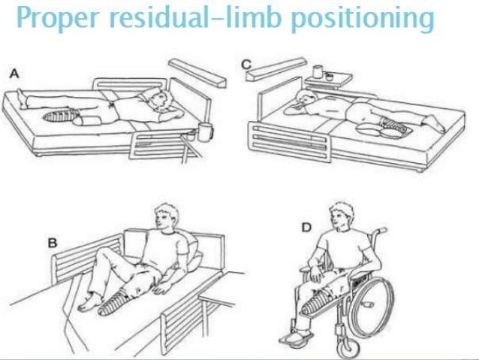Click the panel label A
click(x=13, y=73)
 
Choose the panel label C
click(x=246, y=66)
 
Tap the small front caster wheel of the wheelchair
click(x=345, y=347)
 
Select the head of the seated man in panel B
click(x=166, y=218)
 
